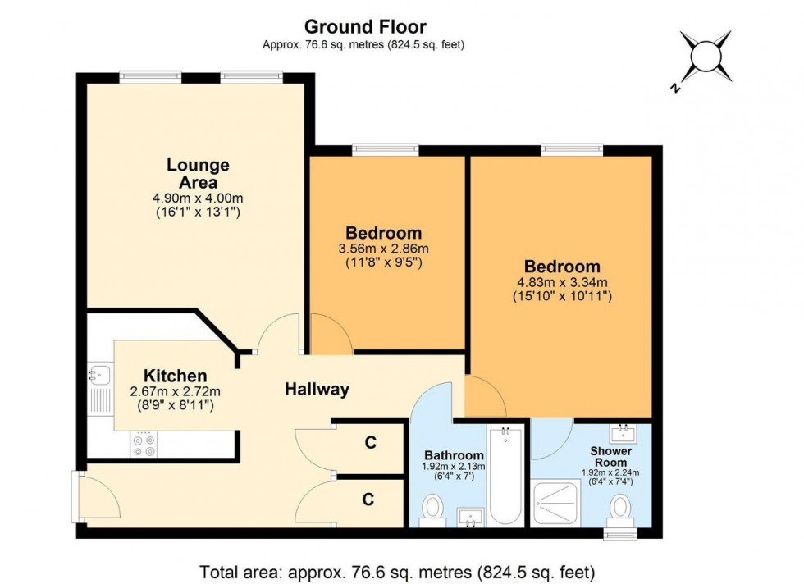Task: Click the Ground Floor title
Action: [x=365, y=28]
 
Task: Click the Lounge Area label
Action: [x=199, y=173]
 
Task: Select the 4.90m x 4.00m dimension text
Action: [x=199, y=198]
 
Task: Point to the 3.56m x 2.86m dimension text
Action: [x=383, y=249]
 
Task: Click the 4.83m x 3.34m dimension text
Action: [x=563, y=282]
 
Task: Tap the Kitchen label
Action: [x=176, y=376]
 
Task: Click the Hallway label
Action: [x=317, y=390]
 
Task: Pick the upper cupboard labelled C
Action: [x=370, y=444]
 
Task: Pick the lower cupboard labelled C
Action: [x=370, y=498]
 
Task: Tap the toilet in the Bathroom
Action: [x=432, y=511]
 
